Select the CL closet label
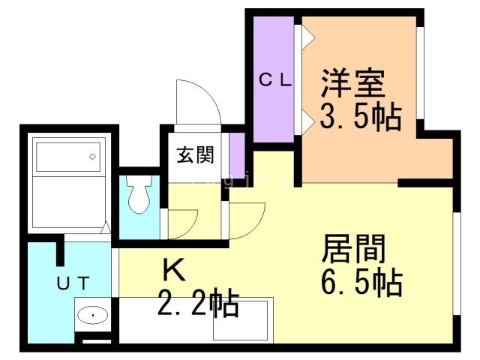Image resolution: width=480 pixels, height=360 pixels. pyautogui.click(x=275, y=80)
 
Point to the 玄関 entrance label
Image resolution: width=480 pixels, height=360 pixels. pyautogui.click(x=196, y=155)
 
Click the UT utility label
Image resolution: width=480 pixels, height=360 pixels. pyautogui.click(x=73, y=283)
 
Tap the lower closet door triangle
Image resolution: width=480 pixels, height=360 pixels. pyautogui.click(x=307, y=121)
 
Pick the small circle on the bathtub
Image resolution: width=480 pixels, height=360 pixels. pyautogui.click(x=93, y=157)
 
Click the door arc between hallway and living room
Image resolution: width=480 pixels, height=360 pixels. pyautogui.click(x=247, y=220)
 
